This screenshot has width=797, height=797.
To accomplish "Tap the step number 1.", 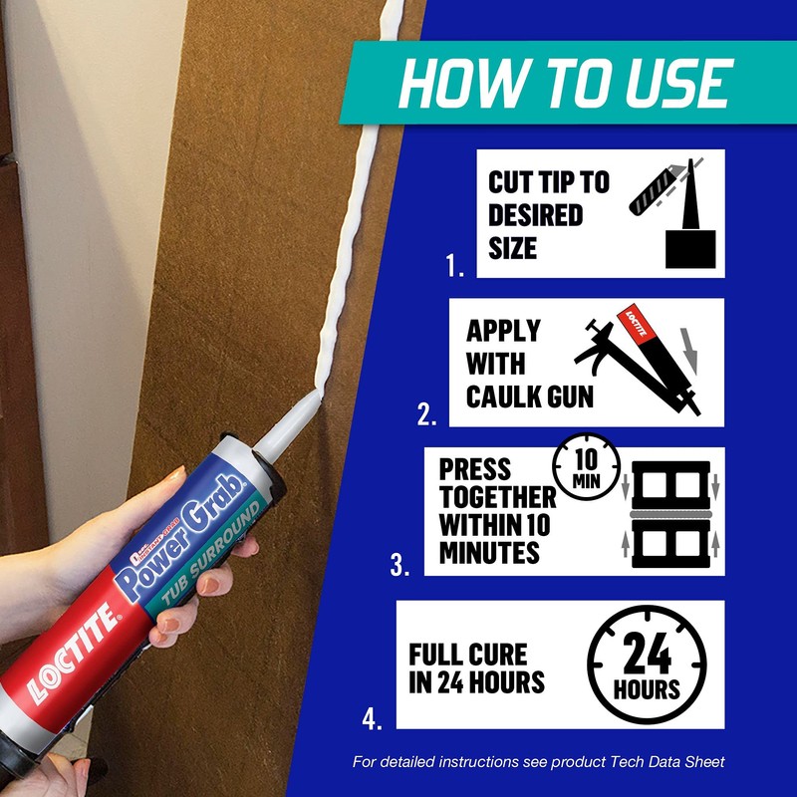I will coord(455,267).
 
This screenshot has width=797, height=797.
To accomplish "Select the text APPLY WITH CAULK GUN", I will coord(528,364).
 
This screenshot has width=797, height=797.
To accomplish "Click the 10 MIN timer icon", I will coord(586,467).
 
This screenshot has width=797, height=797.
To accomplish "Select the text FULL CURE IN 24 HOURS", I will coord(477,668).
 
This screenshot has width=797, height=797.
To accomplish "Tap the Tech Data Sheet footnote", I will coord(539,762).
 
